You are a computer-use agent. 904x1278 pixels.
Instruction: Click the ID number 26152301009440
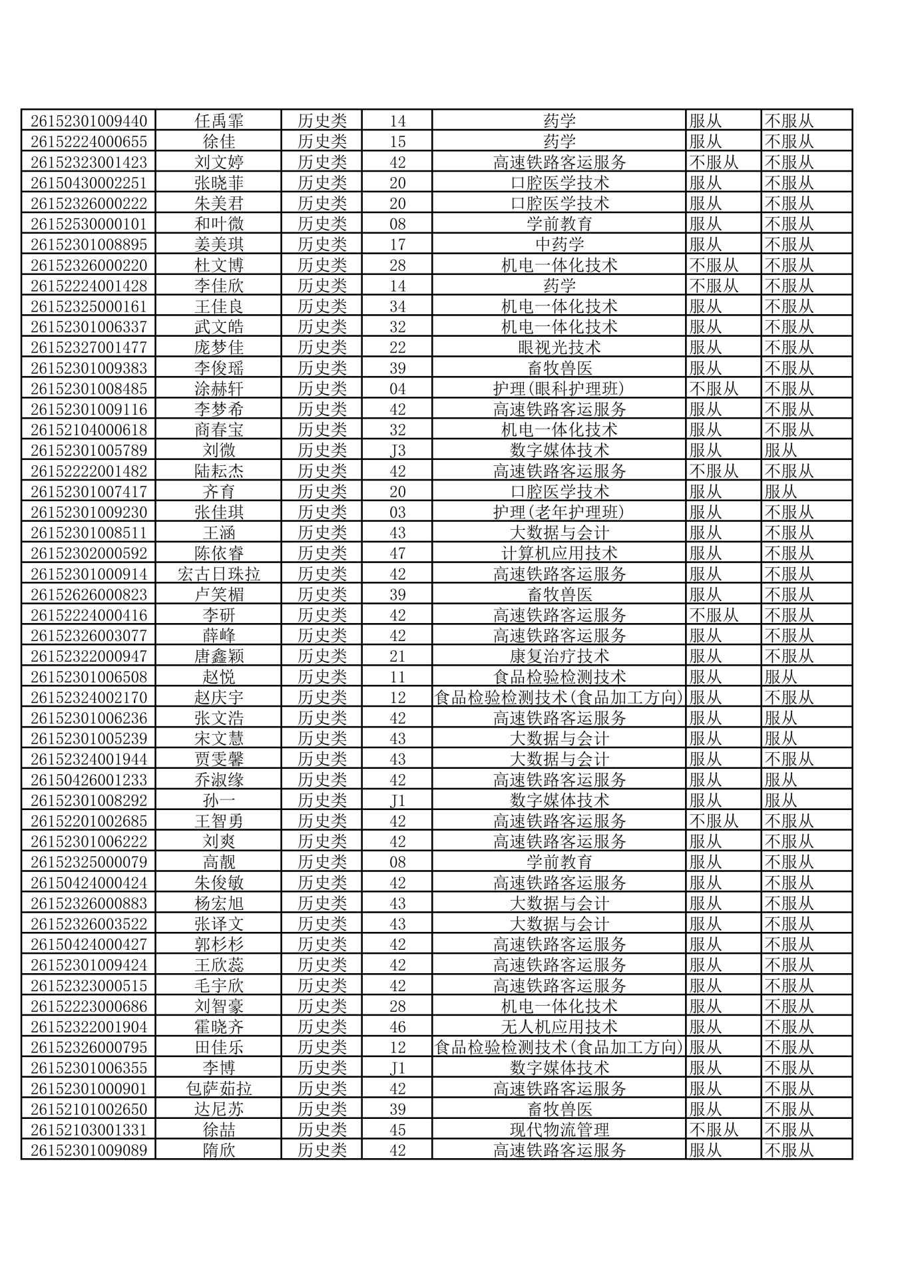89,120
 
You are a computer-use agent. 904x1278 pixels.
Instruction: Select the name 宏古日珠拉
219,574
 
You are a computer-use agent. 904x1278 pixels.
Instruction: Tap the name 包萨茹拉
219,1088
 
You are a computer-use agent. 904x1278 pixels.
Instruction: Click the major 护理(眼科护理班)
559,389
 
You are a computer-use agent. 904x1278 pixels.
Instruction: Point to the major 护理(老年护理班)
559,512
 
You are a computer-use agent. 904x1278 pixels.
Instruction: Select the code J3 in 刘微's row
397,451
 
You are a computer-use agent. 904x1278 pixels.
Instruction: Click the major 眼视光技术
559,347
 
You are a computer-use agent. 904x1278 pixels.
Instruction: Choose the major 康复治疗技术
559,656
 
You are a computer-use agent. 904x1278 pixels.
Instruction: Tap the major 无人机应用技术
559,1026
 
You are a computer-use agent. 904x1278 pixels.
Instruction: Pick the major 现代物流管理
559,1130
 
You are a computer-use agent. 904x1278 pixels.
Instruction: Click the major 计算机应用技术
559,553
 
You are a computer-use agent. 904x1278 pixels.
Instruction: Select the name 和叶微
219,224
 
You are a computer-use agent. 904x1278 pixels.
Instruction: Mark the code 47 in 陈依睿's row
397,553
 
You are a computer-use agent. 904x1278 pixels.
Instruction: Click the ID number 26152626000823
89,594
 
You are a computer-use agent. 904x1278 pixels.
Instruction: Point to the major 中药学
559,244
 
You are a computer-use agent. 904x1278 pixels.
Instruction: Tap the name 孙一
219,800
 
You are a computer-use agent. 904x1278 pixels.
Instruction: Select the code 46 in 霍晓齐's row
397,1026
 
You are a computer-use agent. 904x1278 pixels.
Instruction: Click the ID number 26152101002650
89,1109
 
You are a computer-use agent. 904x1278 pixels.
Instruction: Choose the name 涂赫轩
219,389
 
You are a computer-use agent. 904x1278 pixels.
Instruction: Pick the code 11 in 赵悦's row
397,677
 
